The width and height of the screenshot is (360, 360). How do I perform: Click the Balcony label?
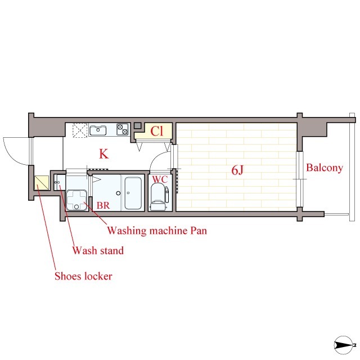(325, 168)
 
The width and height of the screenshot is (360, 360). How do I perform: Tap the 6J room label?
(237, 170)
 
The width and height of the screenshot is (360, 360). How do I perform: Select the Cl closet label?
(157, 131)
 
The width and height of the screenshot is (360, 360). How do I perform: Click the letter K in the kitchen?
(103, 154)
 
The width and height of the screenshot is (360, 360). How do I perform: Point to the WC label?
(160, 179)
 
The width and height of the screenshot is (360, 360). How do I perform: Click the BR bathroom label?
(103, 205)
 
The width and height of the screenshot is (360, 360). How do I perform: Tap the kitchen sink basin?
(98, 130)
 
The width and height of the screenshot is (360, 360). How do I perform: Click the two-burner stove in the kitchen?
(123, 129)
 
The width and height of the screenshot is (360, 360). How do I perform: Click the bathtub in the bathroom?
(133, 193)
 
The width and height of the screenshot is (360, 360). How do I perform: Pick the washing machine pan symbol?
(76, 200)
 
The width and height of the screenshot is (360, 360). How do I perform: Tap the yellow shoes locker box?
(42, 183)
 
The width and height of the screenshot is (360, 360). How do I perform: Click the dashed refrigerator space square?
(80, 130)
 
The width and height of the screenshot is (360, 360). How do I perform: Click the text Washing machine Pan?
(157, 231)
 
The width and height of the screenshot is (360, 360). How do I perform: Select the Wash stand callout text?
(98, 250)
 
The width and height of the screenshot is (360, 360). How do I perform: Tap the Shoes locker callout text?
(83, 276)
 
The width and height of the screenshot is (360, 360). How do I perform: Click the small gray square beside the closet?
(137, 125)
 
